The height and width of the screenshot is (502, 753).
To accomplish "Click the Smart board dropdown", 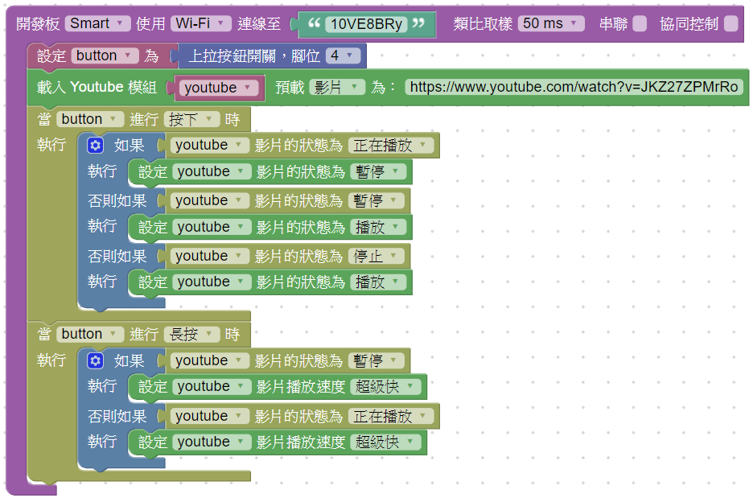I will point(97,23).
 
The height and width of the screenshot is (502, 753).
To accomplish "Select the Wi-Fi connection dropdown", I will point(200,23).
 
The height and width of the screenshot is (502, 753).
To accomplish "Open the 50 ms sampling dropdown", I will point(551,23).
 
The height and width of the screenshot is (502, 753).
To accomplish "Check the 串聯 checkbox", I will point(640,24).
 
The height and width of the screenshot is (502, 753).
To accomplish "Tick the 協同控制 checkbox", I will point(730,24).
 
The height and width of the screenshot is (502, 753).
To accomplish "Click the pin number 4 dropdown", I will point(343,56).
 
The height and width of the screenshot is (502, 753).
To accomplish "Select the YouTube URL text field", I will point(574,87).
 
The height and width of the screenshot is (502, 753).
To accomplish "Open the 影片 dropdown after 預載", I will point(337,87).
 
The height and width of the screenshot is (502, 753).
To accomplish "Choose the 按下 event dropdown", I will point(191,119).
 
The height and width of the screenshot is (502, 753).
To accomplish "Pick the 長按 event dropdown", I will point(191,334).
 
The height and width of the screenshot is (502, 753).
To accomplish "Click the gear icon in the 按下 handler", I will point(96,146).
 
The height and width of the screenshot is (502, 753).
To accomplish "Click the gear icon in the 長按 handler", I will point(96,360).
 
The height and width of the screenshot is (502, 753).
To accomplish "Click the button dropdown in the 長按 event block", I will point(90,334).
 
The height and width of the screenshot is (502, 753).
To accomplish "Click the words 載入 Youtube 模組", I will point(97,87).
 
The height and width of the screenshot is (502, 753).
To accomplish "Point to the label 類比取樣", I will point(483,24).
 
